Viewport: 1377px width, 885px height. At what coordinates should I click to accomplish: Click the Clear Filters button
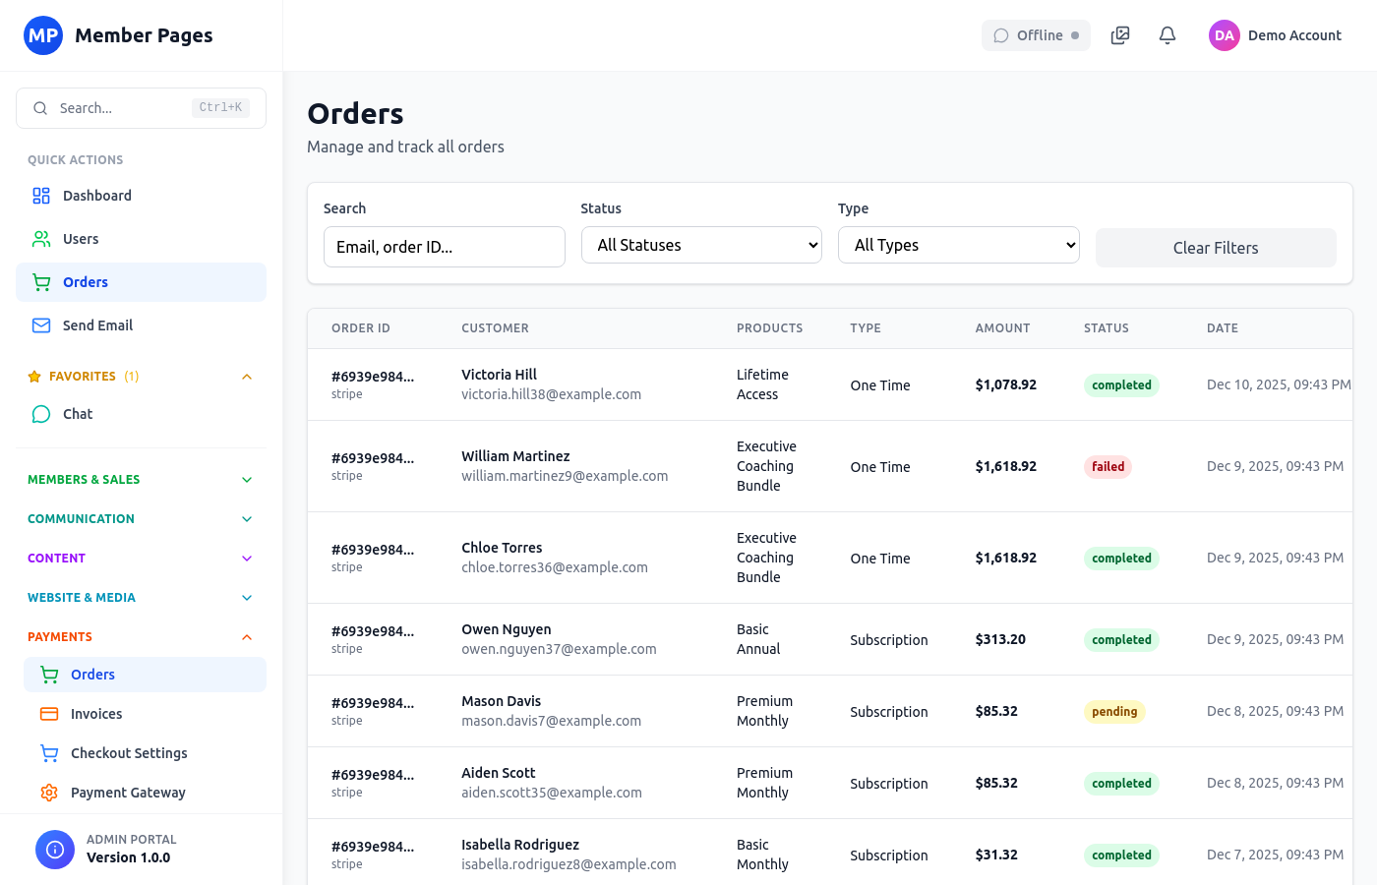coord(1215,248)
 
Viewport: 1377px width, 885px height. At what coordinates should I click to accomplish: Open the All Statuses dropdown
coord(701,245)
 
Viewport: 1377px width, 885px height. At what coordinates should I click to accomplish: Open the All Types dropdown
coord(958,245)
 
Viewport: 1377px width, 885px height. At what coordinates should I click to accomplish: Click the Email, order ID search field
coord(444,247)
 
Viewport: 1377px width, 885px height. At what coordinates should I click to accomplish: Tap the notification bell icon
coord(1167,35)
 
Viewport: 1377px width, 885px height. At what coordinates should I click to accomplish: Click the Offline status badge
coord(1036,35)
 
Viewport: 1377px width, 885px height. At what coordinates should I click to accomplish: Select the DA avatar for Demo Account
coord(1224,35)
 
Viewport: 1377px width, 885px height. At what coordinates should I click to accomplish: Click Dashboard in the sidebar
coord(96,196)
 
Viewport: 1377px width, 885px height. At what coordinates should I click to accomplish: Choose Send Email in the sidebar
coord(97,325)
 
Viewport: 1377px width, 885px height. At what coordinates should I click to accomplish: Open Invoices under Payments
coord(96,714)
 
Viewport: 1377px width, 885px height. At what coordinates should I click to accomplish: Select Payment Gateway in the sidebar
coord(128,793)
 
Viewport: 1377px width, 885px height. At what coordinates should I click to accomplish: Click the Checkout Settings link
coord(129,753)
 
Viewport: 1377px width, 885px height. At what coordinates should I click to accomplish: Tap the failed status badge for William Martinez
coord(1108,467)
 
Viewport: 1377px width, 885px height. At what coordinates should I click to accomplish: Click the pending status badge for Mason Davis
coord(1113,712)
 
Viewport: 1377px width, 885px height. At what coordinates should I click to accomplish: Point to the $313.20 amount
coord(1000,639)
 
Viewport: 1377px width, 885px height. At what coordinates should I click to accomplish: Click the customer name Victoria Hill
coord(499,375)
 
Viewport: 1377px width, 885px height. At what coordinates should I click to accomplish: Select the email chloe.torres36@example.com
coord(555,567)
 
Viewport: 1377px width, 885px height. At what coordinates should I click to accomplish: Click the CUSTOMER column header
coord(495,328)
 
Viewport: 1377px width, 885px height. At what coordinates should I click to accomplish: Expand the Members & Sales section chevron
coord(247,480)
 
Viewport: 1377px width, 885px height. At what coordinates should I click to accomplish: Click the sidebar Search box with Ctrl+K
coord(141,108)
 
